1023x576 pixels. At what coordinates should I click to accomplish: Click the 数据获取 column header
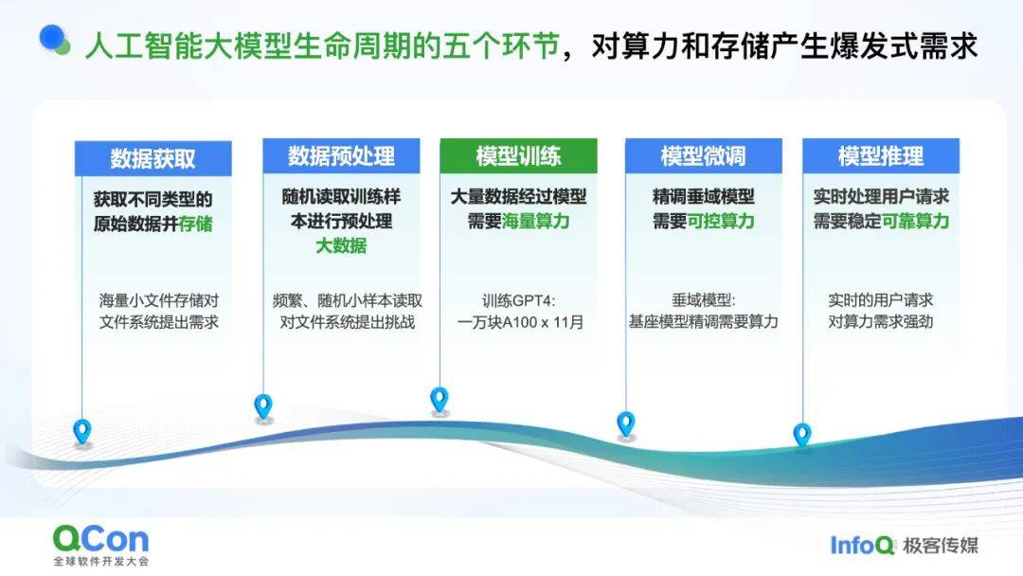153,158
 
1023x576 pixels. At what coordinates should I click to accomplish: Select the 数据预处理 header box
341,156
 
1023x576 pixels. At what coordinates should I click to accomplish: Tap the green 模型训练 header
519,156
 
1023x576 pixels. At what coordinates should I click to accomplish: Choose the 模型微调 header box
703,156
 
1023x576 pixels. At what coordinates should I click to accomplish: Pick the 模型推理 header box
881,156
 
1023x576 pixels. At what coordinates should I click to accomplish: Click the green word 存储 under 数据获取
196,224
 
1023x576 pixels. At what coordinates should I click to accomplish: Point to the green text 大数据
341,246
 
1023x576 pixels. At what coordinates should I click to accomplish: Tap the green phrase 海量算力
535,221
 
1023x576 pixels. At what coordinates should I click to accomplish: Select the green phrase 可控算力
720,221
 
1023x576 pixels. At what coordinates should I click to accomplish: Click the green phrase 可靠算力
915,221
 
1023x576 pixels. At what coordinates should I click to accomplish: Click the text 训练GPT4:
519,300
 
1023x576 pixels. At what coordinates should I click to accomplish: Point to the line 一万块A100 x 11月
520,322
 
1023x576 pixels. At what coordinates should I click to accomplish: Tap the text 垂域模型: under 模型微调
703,300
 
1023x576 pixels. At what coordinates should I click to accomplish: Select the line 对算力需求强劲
881,321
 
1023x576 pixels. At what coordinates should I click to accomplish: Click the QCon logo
101,545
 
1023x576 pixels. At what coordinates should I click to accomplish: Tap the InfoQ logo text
862,546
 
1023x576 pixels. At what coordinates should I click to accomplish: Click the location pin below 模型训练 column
440,400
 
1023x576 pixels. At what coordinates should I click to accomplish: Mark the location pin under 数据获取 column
82,432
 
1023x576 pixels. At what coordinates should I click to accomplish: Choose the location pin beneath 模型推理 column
802,436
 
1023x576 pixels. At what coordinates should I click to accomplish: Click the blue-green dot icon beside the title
54,40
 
